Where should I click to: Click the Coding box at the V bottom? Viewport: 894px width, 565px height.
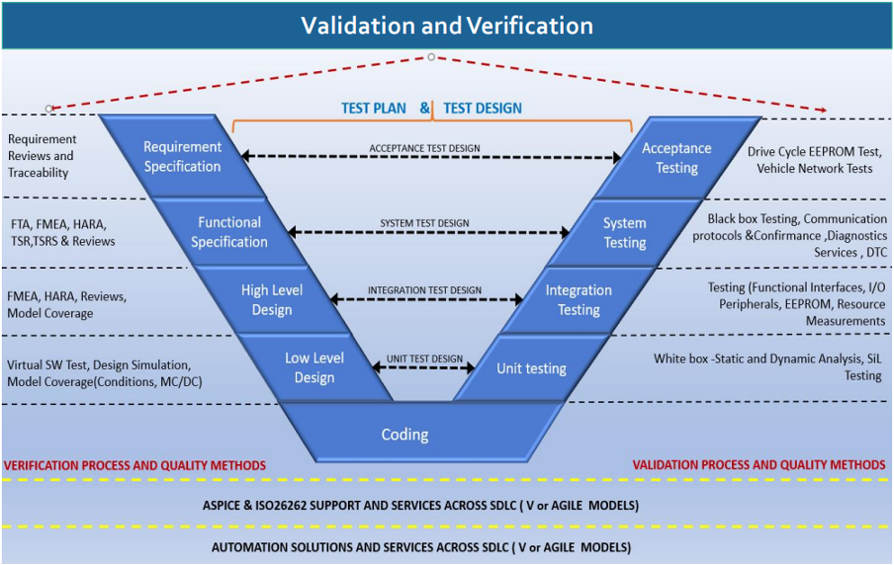[405, 435]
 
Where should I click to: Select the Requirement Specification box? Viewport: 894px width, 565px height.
[182, 157]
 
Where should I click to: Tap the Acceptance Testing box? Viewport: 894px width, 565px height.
[676, 158]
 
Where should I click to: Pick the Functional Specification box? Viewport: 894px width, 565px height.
[229, 232]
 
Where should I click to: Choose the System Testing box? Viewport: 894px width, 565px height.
[624, 233]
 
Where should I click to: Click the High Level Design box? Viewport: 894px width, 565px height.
[272, 300]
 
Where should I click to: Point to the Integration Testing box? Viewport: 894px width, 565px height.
[579, 300]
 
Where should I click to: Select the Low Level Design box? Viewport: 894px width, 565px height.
[314, 367]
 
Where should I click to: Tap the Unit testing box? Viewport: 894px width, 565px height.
[531, 368]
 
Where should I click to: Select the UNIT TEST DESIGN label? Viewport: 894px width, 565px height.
[424, 359]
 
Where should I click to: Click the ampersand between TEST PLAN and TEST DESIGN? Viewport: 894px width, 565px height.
[424, 108]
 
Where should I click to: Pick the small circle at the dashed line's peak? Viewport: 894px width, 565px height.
[430, 57]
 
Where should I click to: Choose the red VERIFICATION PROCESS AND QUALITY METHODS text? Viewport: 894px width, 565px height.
[134, 465]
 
